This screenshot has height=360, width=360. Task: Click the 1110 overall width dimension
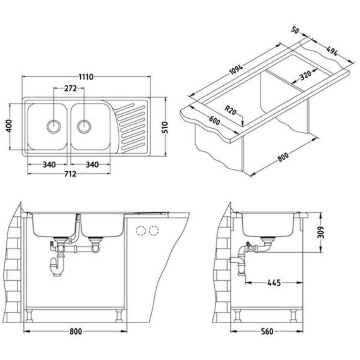[86, 77]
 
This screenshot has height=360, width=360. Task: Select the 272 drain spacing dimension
[70, 88]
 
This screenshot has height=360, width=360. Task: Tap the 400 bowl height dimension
[9, 125]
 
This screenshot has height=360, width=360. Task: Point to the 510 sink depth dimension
[165, 127]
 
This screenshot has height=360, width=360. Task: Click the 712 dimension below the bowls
[70, 174]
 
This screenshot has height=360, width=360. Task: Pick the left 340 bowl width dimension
[49, 165]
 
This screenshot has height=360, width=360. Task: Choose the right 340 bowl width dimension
[92, 165]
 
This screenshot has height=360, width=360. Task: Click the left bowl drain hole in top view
[54, 126]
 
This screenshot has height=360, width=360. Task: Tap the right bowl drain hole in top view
[84, 126]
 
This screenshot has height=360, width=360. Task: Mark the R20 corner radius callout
[230, 110]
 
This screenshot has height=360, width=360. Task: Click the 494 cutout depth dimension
[332, 51]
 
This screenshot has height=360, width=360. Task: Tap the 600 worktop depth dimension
[215, 120]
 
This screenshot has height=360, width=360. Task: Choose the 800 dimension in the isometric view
[283, 157]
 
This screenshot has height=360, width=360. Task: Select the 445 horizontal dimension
[274, 283]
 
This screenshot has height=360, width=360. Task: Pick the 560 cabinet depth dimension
[267, 331]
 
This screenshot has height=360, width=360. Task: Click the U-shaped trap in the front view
[56, 267]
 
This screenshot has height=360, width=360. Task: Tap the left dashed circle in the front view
[141, 230]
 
